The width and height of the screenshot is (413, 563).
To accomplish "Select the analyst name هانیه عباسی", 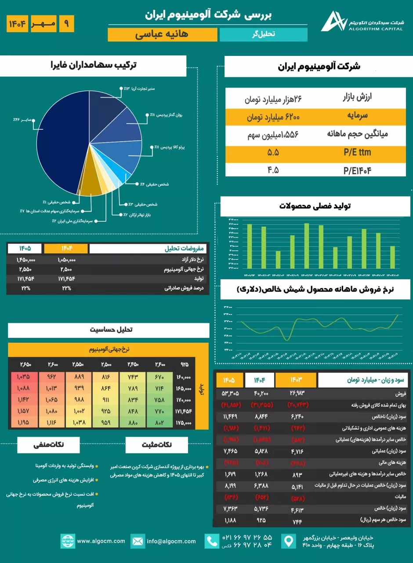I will pos(163,35).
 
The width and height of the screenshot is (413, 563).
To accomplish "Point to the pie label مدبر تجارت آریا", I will pos(139,89).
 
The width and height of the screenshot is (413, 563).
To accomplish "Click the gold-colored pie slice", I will pos(92,176).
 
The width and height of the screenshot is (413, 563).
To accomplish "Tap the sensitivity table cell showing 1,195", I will pos(23,422).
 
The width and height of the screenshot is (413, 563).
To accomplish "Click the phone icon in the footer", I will pos(212,541).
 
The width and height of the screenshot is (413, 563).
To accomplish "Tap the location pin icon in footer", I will pos(288,541).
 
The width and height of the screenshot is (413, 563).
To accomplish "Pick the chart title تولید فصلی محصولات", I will pos(315,206).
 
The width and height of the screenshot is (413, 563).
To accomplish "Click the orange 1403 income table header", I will pos(295,380).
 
